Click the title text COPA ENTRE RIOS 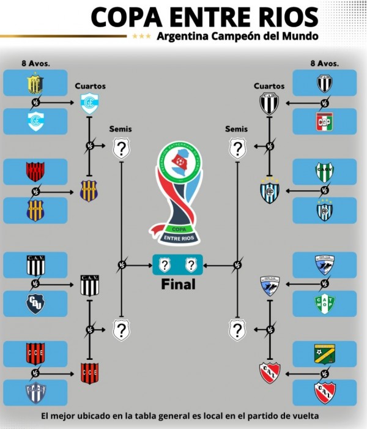204,17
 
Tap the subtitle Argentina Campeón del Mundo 237,36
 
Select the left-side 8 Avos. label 35,62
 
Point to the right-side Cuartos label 269,86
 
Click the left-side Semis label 120,129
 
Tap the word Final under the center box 178,285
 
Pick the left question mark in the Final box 165,265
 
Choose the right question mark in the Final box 191,265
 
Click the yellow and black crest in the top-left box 35,83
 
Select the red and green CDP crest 324,121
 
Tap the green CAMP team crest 324,303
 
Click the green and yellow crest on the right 324,354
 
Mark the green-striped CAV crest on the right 324,172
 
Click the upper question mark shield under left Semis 122,148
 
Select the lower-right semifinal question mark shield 237,330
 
